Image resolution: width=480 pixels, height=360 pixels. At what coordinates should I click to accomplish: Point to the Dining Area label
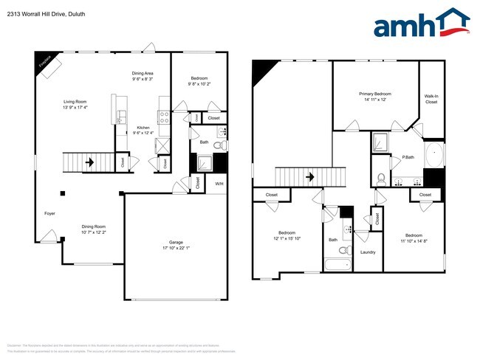143,74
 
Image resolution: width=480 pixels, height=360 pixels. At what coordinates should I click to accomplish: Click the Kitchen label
143,128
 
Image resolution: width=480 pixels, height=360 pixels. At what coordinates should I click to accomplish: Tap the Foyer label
49,213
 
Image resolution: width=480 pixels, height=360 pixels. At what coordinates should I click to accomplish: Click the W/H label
219,183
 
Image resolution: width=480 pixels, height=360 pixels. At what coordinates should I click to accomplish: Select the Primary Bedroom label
375,94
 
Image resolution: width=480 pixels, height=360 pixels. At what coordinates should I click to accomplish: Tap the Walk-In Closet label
431,99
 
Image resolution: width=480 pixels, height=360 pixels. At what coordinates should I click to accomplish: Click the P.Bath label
407,157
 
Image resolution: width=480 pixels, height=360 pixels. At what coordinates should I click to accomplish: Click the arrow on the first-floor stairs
89,162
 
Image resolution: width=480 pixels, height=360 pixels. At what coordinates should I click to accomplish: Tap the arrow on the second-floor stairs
311,177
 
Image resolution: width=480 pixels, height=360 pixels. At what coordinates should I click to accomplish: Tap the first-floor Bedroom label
199,78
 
